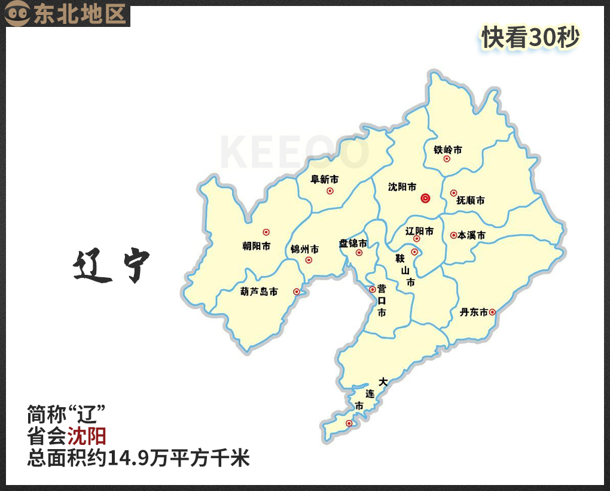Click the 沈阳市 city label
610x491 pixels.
click(x=402, y=187)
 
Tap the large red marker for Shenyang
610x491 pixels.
click(x=425, y=198)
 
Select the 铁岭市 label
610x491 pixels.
click(x=448, y=150)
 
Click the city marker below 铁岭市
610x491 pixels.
click(x=447, y=159)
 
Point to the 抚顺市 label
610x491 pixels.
click(x=470, y=200)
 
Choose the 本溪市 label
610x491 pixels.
click(x=471, y=236)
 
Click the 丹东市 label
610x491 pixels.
click(x=474, y=312)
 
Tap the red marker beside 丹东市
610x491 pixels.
click(x=492, y=312)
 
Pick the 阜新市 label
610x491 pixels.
click(x=325, y=179)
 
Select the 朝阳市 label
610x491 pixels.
click(x=256, y=245)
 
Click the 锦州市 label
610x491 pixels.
click(x=304, y=249)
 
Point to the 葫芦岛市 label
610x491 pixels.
click(x=258, y=292)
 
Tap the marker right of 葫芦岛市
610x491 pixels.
click(x=296, y=292)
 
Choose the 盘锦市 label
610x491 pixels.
click(x=353, y=243)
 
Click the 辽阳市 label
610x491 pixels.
click(x=419, y=231)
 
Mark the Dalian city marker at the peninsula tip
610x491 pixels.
click(x=349, y=424)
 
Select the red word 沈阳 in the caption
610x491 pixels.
click(x=86, y=435)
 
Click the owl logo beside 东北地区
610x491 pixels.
click(x=18, y=14)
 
